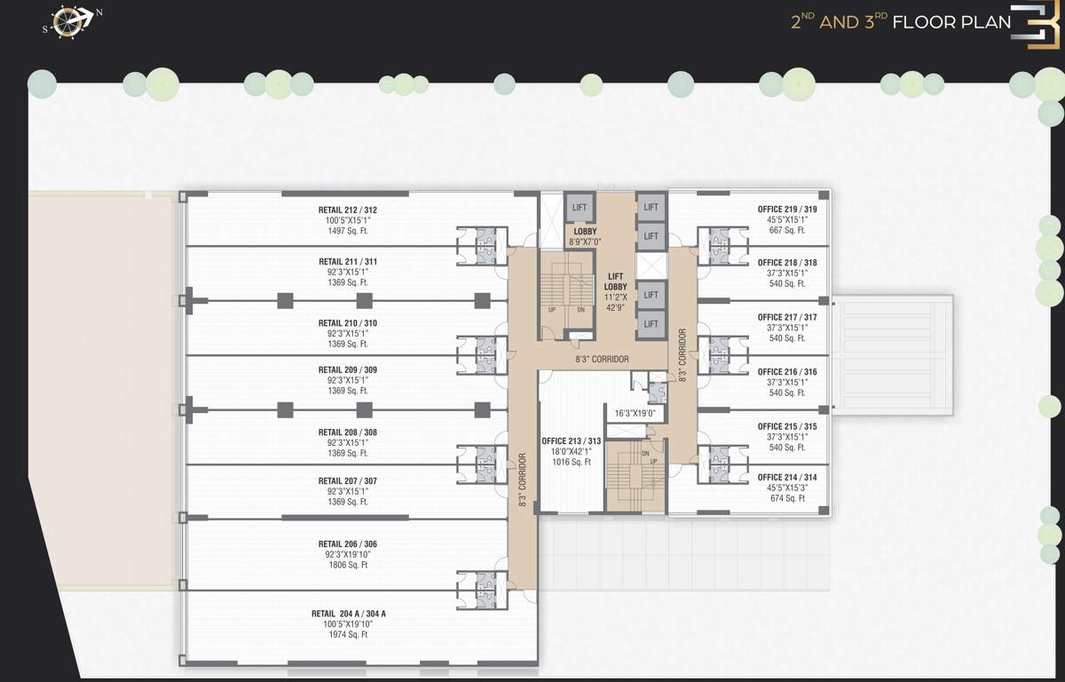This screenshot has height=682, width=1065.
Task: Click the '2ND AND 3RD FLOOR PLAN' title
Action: click(x=901, y=22)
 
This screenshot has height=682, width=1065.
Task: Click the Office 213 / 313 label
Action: click(x=572, y=441)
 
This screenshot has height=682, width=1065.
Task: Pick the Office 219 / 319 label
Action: click(x=787, y=209)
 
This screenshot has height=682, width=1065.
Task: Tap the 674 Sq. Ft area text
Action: click(x=787, y=498)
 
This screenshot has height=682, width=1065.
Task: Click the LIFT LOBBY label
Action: click(x=616, y=281)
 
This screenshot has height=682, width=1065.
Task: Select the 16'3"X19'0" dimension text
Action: click(x=635, y=413)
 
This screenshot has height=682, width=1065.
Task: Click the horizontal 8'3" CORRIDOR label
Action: click(x=602, y=360)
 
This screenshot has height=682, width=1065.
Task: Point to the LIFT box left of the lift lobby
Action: click(x=580, y=208)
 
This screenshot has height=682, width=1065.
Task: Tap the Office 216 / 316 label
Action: click(x=787, y=372)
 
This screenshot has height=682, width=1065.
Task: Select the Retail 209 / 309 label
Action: click(x=348, y=369)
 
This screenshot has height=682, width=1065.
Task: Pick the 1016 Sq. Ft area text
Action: click(x=572, y=462)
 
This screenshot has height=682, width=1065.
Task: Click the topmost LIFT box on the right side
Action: click(x=651, y=208)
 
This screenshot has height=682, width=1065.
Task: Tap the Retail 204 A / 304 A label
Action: click(x=348, y=614)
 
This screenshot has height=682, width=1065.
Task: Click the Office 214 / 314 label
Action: click(x=787, y=478)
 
